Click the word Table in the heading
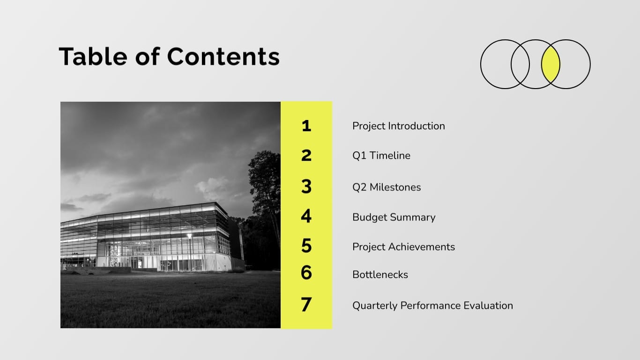coord(93,56)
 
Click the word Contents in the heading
coord(223,56)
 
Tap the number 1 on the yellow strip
coord(306,126)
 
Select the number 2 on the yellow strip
coord(306,155)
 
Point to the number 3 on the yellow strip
coord(306,187)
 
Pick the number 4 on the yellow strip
coord(306,217)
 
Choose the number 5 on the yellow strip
coord(306,246)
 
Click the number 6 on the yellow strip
coord(306,272)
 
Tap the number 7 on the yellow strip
coord(306,305)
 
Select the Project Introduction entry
coord(398,126)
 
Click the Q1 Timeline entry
coord(381,156)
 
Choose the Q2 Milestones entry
coord(387,187)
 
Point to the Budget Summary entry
coord(394,217)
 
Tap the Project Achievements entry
coord(403,247)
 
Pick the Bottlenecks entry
coord(380,275)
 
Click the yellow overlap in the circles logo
coord(551,64)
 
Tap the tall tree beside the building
coord(265,187)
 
